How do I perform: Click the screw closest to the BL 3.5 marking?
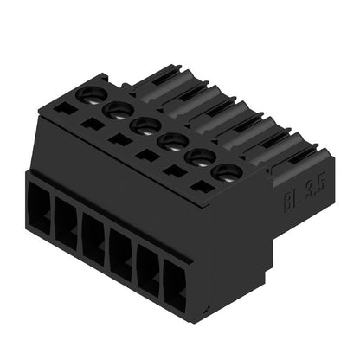(x=225, y=172)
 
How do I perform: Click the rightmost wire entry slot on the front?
(x=177, y=289)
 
